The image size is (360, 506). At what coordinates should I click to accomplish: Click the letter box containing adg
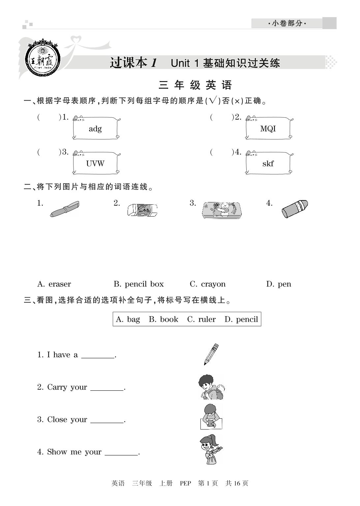95,129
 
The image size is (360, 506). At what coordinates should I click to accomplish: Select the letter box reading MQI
268,129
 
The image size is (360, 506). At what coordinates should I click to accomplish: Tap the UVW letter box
95,164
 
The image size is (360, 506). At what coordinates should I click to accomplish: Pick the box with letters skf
268,164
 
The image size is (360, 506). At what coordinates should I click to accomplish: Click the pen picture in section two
65,209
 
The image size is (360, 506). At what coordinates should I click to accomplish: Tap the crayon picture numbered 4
295,209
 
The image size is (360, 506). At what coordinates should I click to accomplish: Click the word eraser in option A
60,284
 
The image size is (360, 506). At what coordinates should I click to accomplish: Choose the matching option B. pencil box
139,284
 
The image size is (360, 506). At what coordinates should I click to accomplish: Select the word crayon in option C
213,284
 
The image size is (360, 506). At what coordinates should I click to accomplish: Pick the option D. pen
279,284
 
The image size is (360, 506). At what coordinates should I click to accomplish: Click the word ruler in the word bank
207,319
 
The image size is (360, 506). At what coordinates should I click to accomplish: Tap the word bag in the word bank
133,319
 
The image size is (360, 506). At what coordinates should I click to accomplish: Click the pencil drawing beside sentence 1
211,354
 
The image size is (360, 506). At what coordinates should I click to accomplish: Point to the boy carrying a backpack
211,387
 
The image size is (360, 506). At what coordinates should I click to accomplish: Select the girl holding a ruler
211,449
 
